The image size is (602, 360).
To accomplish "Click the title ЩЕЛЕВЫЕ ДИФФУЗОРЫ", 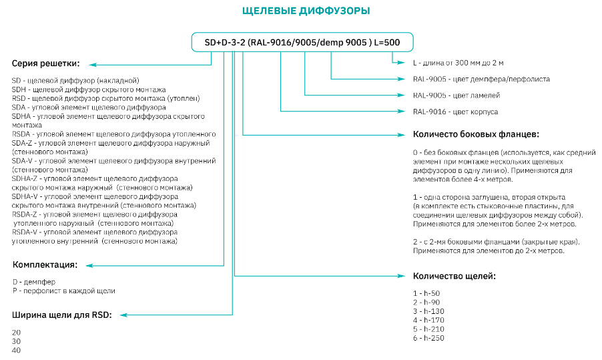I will pyautogui.click(x=305, y=11).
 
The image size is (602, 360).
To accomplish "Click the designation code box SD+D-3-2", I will pyautogui.click(x=302, y=43).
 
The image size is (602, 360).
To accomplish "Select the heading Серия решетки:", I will pyautogui.click(x=45, y=63).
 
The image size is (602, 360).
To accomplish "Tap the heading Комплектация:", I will pyautogui.click(x=45, y=264).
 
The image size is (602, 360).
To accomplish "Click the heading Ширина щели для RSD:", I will pyautogui.click(x=61, y=315).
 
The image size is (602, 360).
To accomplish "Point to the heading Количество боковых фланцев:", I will pyautogui.click(x=476, y=134).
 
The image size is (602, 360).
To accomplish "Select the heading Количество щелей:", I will pyautogui.click(x=454, y=275).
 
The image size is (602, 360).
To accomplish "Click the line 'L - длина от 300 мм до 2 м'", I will pyautogui.click(x=458, y=62).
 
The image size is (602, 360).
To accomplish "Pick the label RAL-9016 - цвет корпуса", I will pyautogui.click(x=455, y=112).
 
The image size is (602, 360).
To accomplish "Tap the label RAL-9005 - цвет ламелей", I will pyautogui.click(x=457, y=95).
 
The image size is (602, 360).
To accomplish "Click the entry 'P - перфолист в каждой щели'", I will pyautogui.click(x=64, y=291).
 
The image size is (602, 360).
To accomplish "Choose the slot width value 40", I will pyautogui.click(x=17, y=350).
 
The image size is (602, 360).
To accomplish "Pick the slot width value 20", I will pyautogui.click(x=17, y=332).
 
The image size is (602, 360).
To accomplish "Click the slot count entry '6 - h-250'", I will pyautogui.click(x=427, y=337).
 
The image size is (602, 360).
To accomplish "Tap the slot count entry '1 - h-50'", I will pyautogui.click(x=426, y=293).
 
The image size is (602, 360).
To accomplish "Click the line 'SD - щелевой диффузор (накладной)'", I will pyautogui.click(x=75, y=80).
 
